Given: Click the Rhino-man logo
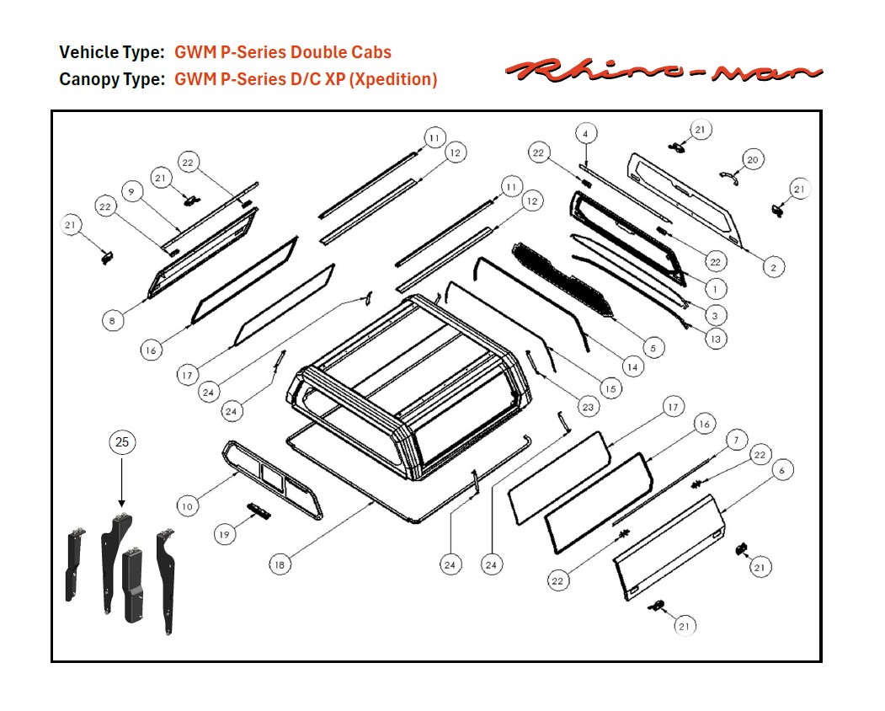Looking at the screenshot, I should coord(663,71).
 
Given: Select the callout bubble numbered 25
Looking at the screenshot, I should coord(122,443).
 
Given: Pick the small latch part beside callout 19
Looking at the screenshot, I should coord(258,511).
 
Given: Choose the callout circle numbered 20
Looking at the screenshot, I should coord(753,159).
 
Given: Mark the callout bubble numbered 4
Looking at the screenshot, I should coord(587,133).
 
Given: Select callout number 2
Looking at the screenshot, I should coord(773,267).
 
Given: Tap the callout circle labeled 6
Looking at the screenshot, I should coord(781,470).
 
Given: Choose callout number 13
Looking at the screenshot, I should coord(715,339).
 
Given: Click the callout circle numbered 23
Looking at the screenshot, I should coord(587,407).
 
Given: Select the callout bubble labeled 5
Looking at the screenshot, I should coord(653,347).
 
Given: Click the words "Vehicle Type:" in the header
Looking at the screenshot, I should coord(111,52).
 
